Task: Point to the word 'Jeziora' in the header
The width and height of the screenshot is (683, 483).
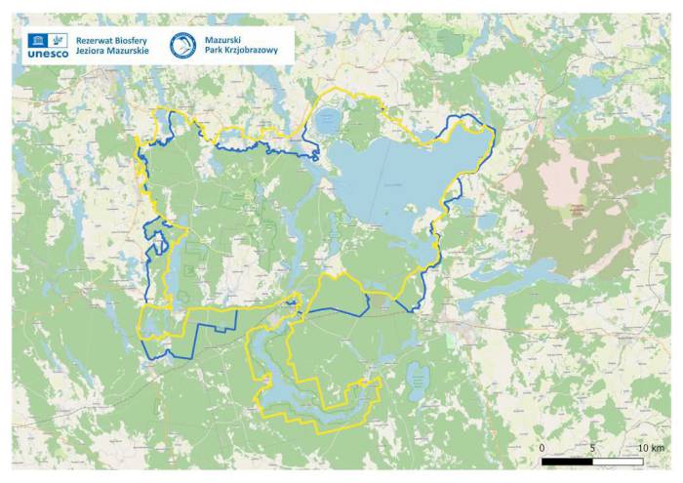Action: coord(92,51)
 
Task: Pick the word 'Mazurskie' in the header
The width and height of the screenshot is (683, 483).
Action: coord(129,51)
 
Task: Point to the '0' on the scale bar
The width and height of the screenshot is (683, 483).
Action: coord(542,448)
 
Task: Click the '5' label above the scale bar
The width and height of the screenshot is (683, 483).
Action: coord(592,448)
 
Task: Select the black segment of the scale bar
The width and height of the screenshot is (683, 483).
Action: coord(568,461)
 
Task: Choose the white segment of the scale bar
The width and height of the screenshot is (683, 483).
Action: coord(618,461)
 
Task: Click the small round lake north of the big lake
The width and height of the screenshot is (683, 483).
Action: coord(327,121)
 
